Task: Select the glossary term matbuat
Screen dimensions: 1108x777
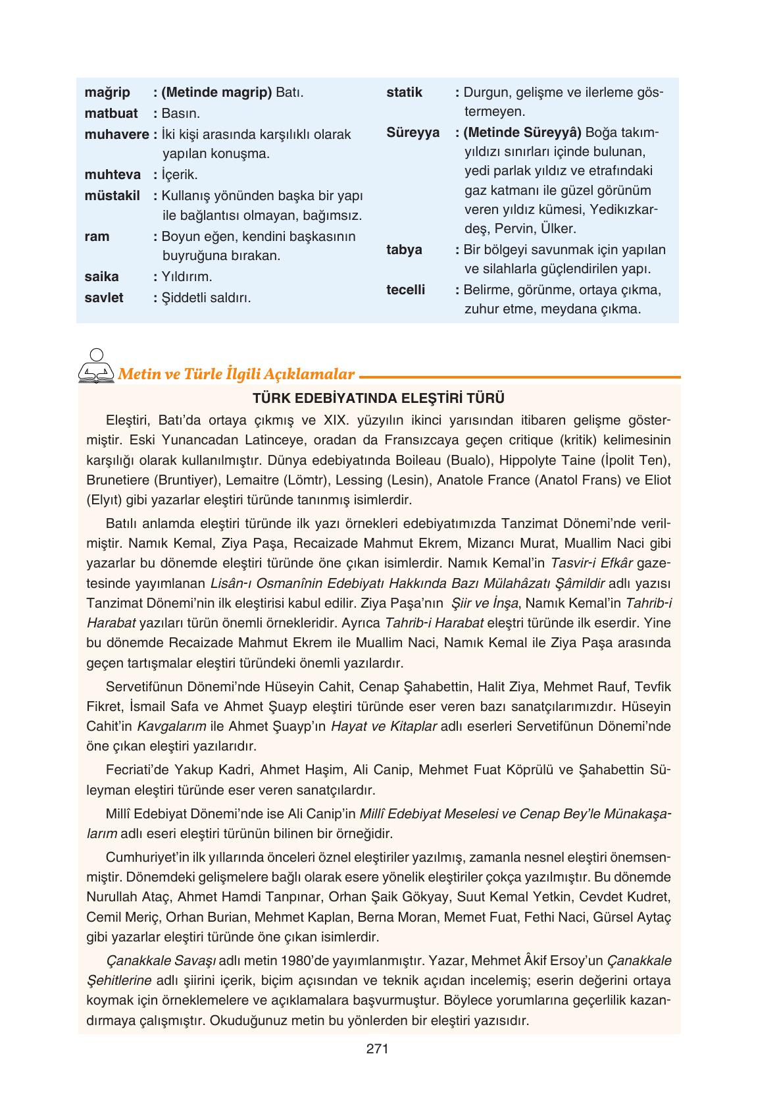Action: pos(111,113)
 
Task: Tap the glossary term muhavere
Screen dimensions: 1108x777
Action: pos(116,134)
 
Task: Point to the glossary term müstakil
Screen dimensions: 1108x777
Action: pos(112,196)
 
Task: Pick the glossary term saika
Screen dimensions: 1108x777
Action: pos(101,277)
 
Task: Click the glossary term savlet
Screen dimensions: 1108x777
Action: pos(104,298)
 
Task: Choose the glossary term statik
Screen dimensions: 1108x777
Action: pos(404,92)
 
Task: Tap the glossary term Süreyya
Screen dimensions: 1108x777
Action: pos(413,132)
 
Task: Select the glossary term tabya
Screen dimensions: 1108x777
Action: pos(404,250)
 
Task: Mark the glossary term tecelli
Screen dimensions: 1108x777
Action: pos(405,290)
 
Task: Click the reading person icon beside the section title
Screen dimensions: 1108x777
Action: pos(95,366)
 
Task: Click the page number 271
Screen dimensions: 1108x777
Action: pos(378,1049)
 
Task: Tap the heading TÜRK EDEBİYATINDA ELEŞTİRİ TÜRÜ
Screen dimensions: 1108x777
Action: pos(378,398)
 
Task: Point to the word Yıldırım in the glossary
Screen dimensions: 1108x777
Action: pos(187,277)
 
